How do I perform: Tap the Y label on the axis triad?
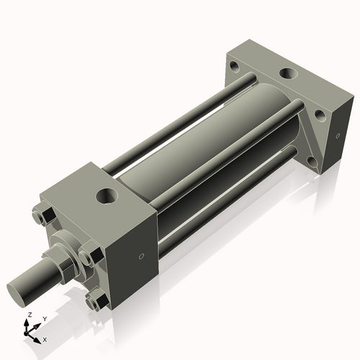click(44, 318)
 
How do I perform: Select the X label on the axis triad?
click(45, 338)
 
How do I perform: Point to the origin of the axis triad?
click(30, 333)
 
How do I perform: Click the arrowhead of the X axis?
click(39, 336)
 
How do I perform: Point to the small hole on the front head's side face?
click(141, 257)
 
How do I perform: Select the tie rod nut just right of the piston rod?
click(87, 256)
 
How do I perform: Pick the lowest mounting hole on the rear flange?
click(311, 161)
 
